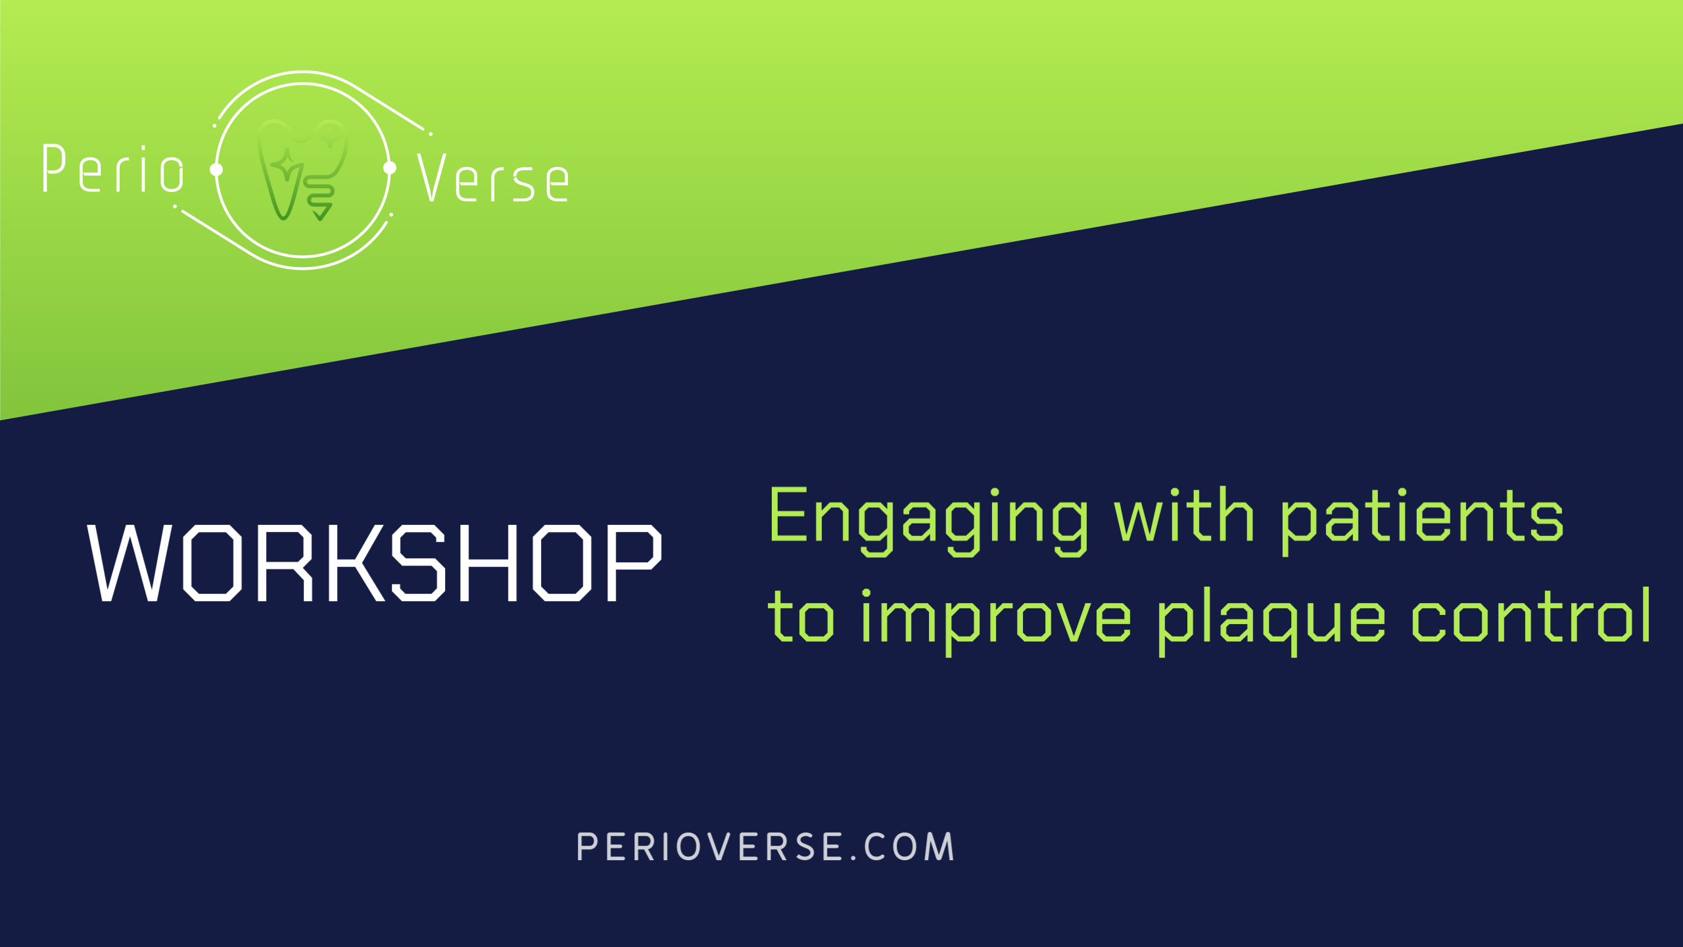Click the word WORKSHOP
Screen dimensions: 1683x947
pos(374,563)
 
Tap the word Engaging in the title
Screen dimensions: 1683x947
pos(928,521)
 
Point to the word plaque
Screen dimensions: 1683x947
pos(1271,621)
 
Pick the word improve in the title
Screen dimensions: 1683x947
pos(997,622)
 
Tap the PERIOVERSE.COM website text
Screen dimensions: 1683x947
pos(765,847)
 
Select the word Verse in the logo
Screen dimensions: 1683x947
pos(493,178)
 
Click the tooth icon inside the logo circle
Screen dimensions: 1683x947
pos(303,170)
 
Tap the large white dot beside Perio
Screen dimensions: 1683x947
pos(216,170)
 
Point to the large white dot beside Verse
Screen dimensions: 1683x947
pos(390,168)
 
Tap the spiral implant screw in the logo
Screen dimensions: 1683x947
pos(320,197)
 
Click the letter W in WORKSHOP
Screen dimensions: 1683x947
pos(130,563)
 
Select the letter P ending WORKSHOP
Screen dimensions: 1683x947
pos(634,563)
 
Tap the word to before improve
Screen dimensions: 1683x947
pos(801,616)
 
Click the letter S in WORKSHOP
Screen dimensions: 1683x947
pos(419,563)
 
